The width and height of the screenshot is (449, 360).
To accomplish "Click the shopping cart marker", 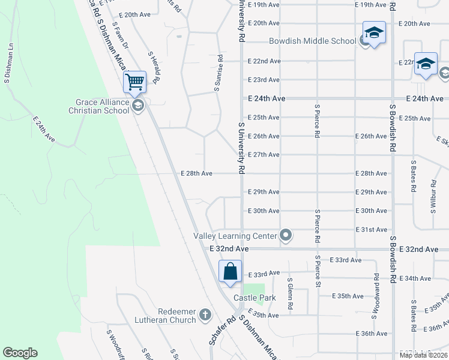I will pyautogui.click(x=136, y=82).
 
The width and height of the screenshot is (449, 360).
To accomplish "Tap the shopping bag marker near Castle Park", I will pyautogui.click(x=231, y=271).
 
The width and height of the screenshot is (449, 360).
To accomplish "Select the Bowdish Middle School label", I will pyautogui.click(x=312, y=41).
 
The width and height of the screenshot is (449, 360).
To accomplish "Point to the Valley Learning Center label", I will pyautogui.click(x=236, y=236).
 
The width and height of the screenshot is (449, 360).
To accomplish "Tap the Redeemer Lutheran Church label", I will pyautogui.click(x=177, y=316).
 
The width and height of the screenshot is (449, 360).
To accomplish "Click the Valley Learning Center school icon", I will pyautogui.click(x=286, y=236).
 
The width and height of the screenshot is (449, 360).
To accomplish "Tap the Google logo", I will pyautogui.click(x=20, y=353).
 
